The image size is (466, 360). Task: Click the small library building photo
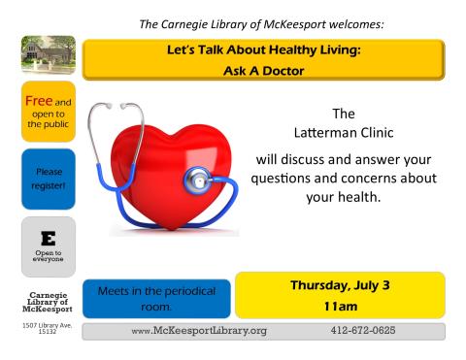(x=39, y=56)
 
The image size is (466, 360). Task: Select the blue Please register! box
(x=39, y=175)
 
